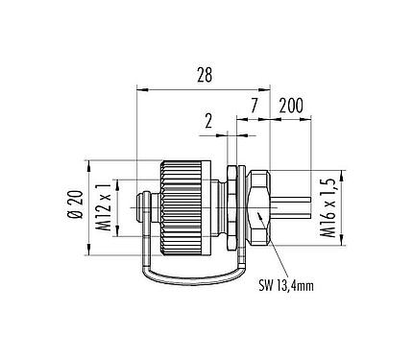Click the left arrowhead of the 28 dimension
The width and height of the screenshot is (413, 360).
pos(140,91)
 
